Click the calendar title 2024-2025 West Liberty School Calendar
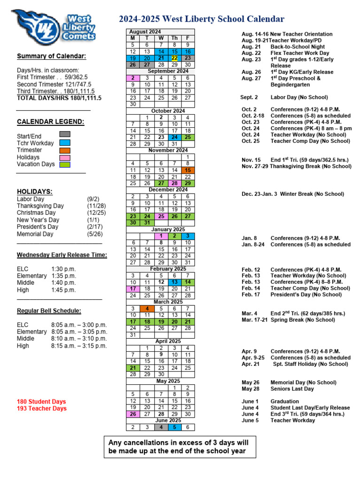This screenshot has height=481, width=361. pos(201,19)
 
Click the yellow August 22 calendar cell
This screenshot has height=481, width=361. pos(174,58)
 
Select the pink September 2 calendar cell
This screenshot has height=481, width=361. pos(133,78)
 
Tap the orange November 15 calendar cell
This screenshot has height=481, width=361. pos(188,170)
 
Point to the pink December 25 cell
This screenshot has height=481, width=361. pos(160,216)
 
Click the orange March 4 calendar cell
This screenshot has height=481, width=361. pos(147,309)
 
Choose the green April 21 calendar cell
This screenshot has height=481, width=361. pos(133,368)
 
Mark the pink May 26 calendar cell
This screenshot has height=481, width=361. pos(133,414)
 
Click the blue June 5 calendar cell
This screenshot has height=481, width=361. pos(174,427)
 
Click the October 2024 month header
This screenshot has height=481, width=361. pos(160,111)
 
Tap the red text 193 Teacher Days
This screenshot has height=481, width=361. pos(41,409)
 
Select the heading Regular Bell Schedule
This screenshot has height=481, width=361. pos(49,310)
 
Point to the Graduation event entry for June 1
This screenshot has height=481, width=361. pos(284,402)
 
